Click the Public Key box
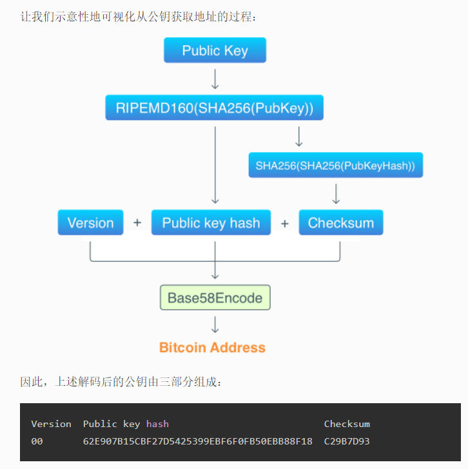pyautogui.click(x=215, y=50)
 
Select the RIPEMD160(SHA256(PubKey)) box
pyautogui.click(x=215, y=108)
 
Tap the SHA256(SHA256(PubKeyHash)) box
pyautogui.click(x=335, y=165)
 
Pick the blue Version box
pyautogui.click(x=90, y=223)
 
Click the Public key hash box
pyautogui.click(x=211, y=223)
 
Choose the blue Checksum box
pyautogui.click(x=341, y=223)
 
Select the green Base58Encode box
pyautogui.click(x=215, y=297)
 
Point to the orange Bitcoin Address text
pyautogui.click(x=212, y=347)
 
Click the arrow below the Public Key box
pyautogui.click(x=215, y=78)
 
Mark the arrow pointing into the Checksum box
pyautogui.click(x=336, y=193)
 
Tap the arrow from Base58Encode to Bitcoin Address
pyautogui.click(x=215, y=324)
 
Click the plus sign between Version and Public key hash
pyautogui.click(x=137, y=223)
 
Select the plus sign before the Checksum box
pyautogui.click(x=285, y=223)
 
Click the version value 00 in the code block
pyautogui.click(x=37, y=441)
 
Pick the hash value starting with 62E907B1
pyautogui.click(x=197, y=441)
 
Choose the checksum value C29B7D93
pyautogui.click(x=347, y=441)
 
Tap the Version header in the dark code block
pyautogui.click(x=51, y=424)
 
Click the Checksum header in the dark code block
pyautogui.click(x=347, y=424)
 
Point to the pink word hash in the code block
pyautogui.click(x=157, y=424)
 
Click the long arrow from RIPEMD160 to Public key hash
pyautogui.click(x=215, y=165)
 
